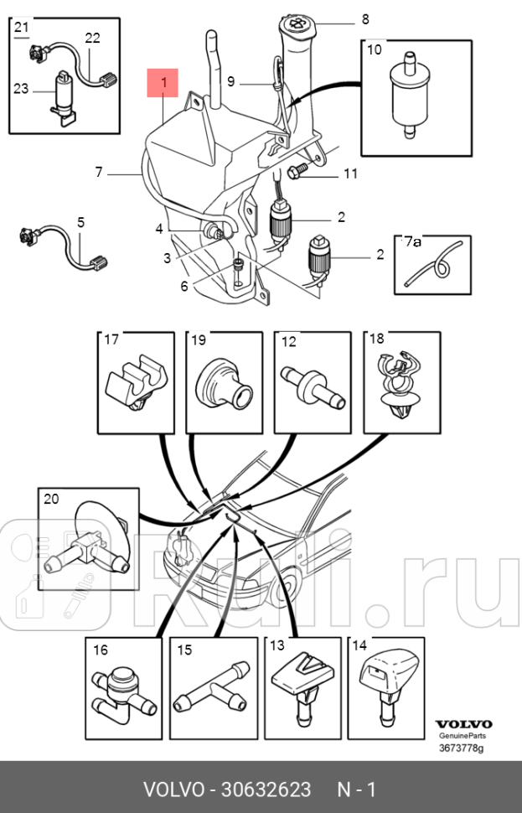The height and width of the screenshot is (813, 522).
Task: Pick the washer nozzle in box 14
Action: pos(385,683)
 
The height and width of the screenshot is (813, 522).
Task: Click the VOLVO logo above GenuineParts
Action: pos(463,724)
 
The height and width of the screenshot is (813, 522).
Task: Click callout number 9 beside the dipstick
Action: pos(230,82)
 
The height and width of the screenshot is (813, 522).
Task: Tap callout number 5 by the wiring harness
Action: pos(80,223)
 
